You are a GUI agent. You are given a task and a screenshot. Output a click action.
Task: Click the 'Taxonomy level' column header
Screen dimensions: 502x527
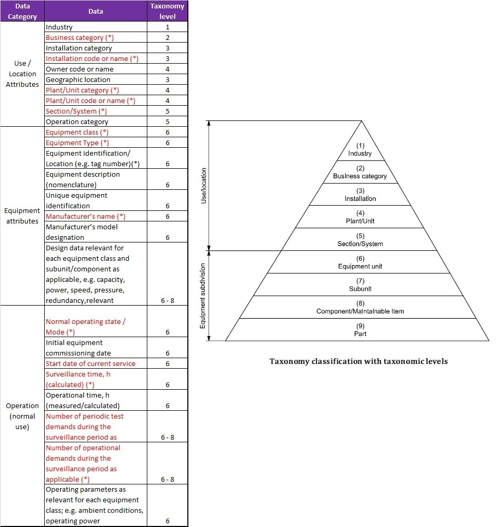167,11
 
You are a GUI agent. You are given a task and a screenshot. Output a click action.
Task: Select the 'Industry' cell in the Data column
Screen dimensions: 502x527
95,27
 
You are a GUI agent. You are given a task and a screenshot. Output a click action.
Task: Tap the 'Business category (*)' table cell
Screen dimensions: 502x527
95,37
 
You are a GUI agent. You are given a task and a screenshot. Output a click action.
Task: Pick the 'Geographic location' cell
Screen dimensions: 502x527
95,79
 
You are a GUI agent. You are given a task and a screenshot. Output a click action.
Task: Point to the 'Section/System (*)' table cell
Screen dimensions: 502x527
95,111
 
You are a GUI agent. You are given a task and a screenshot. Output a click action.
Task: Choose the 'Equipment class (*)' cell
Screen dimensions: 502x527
95,132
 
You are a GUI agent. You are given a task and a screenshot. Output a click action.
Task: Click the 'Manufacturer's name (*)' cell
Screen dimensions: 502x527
95,216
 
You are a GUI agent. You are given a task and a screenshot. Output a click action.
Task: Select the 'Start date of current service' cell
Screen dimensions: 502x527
95,363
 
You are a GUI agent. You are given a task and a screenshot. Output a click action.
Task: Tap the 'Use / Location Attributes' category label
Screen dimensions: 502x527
22,74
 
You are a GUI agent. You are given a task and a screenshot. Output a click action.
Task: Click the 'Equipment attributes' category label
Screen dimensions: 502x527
22,216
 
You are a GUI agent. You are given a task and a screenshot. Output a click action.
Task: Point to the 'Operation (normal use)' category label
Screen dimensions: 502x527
22,416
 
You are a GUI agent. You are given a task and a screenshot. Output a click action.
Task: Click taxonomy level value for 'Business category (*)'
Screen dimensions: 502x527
167,37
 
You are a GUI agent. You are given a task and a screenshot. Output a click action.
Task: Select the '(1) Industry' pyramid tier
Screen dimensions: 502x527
360,149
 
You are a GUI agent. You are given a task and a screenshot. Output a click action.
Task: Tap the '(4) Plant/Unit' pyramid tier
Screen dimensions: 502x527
360,217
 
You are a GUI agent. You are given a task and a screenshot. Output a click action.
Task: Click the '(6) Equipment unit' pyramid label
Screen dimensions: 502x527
360,262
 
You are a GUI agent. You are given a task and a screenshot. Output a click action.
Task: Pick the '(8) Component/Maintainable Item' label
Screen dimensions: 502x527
360,307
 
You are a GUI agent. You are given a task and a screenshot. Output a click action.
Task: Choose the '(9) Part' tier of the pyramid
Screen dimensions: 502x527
360,330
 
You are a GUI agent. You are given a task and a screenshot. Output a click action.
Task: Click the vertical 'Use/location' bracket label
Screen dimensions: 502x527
204,186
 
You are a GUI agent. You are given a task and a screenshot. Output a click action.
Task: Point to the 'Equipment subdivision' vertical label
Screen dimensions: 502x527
203,296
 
